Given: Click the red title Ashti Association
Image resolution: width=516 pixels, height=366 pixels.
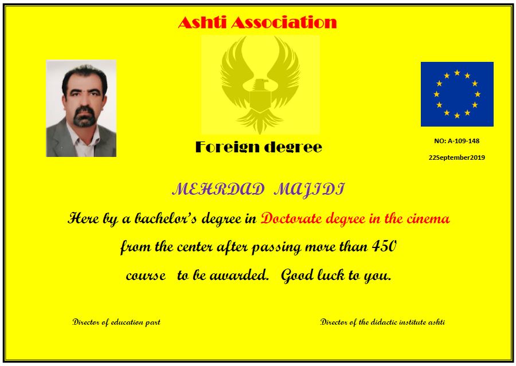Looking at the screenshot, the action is point(257,22).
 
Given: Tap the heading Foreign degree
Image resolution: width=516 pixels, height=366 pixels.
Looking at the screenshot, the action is point(259,147).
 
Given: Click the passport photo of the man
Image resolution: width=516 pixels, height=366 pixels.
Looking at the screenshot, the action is point(81,108).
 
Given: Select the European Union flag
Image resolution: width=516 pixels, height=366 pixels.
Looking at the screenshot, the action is point(457,94).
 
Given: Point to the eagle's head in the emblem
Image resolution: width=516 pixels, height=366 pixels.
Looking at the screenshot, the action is point(260,85).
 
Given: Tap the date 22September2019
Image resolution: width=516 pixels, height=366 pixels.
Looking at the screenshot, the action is point(457,158).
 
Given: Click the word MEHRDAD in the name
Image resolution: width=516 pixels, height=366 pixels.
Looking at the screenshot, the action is point(218,190).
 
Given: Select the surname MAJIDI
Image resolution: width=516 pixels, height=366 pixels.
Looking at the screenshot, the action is point(309,190).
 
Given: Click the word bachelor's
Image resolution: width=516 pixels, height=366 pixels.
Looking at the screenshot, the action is point(166,218).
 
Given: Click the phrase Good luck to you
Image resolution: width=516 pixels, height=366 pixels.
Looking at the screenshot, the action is point(336,276).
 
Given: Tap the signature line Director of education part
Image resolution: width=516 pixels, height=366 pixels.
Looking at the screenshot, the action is point(116,322).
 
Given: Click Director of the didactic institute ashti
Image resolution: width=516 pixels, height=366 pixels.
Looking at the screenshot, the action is point(382,322).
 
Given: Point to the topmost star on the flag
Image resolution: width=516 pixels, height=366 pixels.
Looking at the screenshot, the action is point(457,73).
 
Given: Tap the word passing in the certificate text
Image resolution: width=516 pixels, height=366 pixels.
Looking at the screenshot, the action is point(276,247).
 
